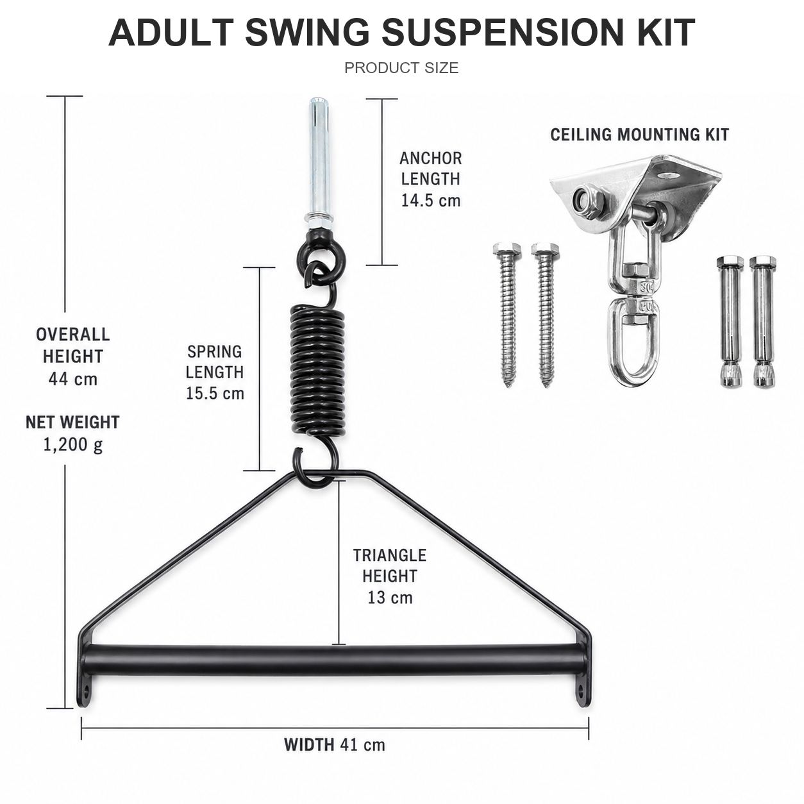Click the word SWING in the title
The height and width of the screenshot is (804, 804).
[307, 33]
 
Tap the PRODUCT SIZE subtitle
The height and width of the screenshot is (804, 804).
[401, 67]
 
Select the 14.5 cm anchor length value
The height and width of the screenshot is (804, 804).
[431, 201]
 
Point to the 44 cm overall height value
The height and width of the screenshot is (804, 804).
[73, 380]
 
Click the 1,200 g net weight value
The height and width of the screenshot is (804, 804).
[73, 445]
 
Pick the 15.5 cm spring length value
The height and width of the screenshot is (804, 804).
[215, 394]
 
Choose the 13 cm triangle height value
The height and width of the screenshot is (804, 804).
[390, 598]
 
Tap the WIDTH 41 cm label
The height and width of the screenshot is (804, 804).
[335, 744]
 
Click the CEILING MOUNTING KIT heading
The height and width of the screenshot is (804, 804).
[639, 135]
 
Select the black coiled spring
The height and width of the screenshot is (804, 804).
[317, 369]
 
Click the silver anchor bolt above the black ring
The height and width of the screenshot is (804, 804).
[319, 163]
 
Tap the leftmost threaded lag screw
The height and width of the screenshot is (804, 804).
[507, 314]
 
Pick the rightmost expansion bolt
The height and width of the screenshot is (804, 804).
[762, 322]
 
